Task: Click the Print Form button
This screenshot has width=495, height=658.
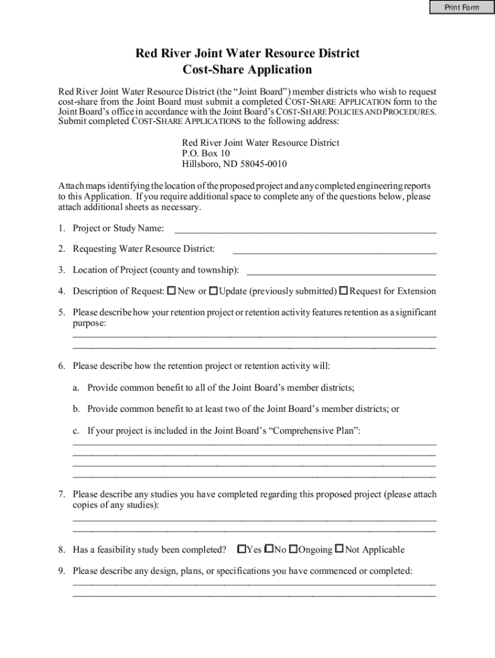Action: (462, 7)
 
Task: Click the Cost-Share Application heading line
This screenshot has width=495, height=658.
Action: (248, 69)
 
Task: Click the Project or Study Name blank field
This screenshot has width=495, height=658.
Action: (305, 229)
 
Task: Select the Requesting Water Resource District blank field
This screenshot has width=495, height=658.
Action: (334, 249)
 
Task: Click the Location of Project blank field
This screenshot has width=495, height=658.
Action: (341, 270)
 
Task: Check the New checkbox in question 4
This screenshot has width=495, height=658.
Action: (172, 291)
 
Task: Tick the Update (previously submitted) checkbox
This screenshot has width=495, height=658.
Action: (213, 291)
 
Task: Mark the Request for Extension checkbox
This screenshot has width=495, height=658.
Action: (344, 291)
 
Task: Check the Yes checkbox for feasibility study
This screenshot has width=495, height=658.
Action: (242, 549)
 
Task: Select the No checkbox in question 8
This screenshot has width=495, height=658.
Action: (269, 549)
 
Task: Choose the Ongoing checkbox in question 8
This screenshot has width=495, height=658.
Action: (293, 549)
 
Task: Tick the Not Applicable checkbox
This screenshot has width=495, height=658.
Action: (340, 549)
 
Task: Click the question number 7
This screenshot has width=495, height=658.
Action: (61, 495)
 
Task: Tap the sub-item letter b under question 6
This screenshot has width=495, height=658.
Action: (76, 409)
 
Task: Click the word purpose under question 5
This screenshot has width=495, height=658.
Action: (88, 323)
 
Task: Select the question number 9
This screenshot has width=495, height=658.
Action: (61, 571)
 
